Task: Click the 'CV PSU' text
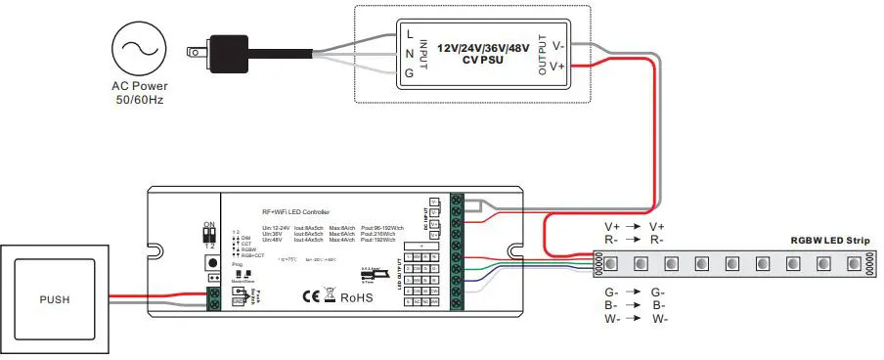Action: pyautogui.click(x=482, y=60)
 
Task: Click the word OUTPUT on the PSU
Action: pyautogui.click(x=542, y=55)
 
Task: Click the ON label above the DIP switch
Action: pyautogui.click(x=208, y=225)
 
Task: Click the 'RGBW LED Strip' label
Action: pyautogui.click(x=830, y=241)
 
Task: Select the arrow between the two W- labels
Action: pyautogui.click(x=634, y=319)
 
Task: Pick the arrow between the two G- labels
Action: pyautogui.click(x=634, y=292)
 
